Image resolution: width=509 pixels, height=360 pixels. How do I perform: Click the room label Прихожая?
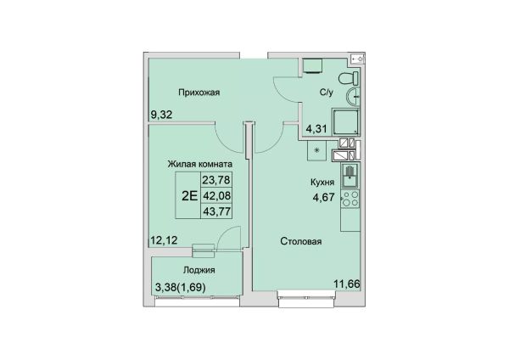click(199, 93)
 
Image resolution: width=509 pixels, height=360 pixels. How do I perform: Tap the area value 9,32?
click(161, 115)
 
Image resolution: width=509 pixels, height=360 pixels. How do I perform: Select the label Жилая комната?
click(200, 164)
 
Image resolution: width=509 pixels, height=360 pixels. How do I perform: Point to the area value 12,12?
click(164, 240)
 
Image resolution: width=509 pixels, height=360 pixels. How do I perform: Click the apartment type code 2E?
click(189, 196)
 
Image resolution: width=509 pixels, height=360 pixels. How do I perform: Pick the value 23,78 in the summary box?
click(216, 179)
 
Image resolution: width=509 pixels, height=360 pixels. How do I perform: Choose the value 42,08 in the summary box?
click(216, 195)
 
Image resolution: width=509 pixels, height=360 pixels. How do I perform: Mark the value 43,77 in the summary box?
click(216, 212)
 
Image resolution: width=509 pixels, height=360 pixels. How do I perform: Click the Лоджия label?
click(199, 270)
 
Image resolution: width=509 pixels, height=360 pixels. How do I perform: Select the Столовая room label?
click(301, 241)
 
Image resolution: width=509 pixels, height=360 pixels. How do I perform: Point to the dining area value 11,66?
click(347, 284)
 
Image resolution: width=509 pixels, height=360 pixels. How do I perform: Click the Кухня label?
click(322, 183)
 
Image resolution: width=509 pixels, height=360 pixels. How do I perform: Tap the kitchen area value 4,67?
click(323, 197)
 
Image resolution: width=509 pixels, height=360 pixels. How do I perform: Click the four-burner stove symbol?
click(350, 199)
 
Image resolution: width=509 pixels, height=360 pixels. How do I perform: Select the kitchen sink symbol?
click(350, 176)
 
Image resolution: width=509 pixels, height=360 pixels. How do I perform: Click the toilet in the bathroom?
click(349, 79)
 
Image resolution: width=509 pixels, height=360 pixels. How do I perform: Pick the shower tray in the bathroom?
click(346, 122)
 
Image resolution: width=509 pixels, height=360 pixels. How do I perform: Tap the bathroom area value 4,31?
click(316, 129)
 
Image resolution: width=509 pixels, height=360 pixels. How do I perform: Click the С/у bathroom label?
click(327, 93)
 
